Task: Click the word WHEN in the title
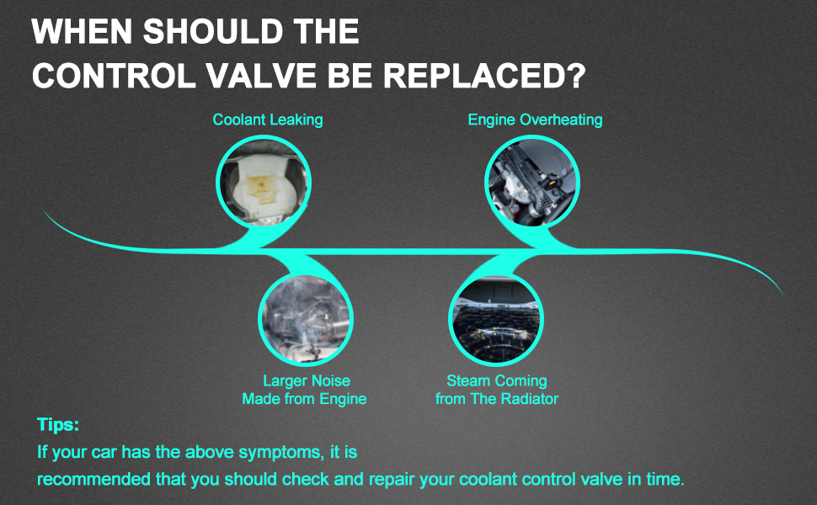click(83, 31)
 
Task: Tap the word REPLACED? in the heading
click(484, 76)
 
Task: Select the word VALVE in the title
click(261, 76)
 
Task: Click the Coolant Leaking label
click(268, 120)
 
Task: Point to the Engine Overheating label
click(535, 120)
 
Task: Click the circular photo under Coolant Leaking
click(264, 182)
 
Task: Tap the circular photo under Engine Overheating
click(532, 182)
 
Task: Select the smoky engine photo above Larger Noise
click(306, 319)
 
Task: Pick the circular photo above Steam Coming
click(496, 319)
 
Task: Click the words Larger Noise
click(307, 380)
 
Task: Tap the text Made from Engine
click(304, 399)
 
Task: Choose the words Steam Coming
click(497, 380)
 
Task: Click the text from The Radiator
click(497, 399)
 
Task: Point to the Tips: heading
click(58, 424)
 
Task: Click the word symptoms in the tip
click(280, 452)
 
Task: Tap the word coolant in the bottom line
click(489, 479)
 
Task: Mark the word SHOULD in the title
click(212, 31)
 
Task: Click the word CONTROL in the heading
click(114, 76)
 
